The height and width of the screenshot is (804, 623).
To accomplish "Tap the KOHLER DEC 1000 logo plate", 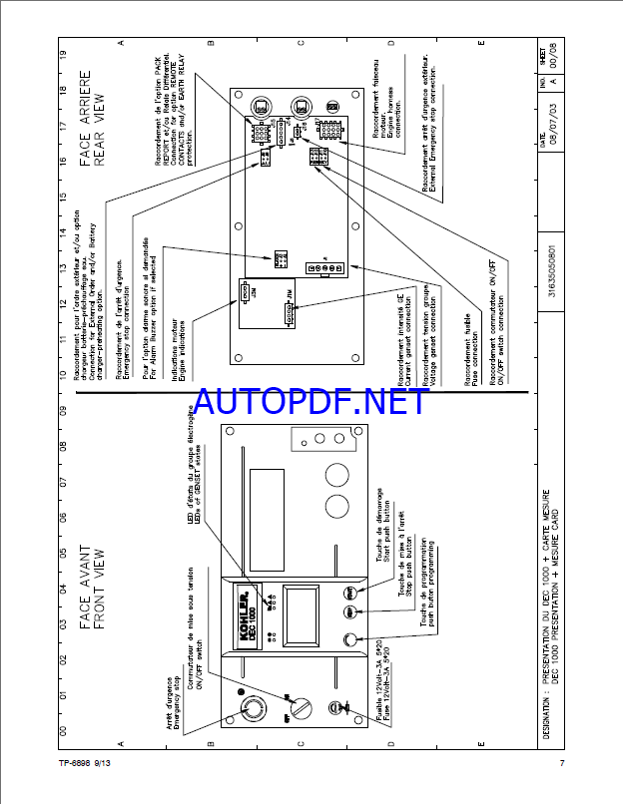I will pyautogui.click(x=240, y=606).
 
